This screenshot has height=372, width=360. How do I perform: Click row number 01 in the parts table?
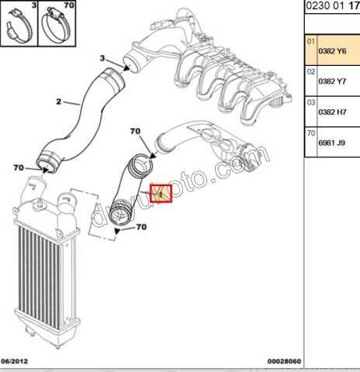311,40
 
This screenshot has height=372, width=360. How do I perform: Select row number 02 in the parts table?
311,71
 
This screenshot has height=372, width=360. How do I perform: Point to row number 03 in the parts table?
311,102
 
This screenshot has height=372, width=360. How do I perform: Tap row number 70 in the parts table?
311,133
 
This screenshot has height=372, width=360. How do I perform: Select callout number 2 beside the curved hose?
57,101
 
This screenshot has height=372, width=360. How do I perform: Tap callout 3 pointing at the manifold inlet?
102,58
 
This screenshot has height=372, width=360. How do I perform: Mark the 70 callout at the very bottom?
142,227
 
